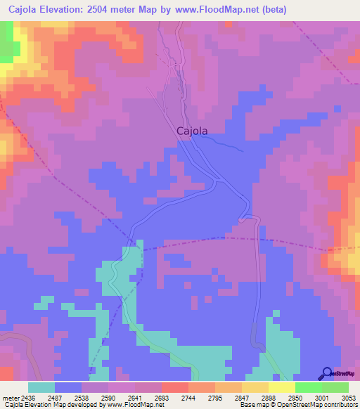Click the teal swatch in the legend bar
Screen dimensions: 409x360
pyautogui.click(x=41, y=387)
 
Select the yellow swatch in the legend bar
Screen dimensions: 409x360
pyautogui.click(x=281, y=387)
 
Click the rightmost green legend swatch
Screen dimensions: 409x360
pyautogui.click(x=335, y=387)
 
